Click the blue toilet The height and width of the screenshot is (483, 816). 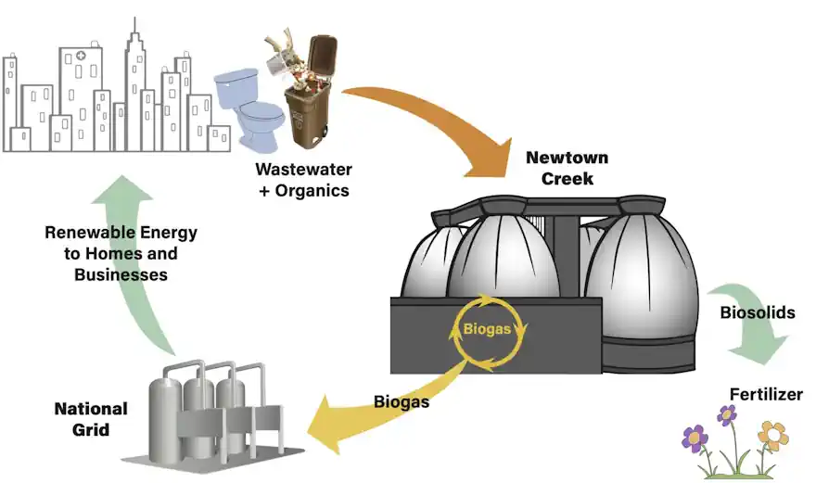tap(249, 107)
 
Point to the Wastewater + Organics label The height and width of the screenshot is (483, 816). tap(302, 180)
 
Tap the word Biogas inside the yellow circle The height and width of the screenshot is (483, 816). tap(489, 330)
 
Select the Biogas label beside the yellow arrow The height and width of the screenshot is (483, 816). tap(402, 402)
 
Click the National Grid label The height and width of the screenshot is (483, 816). tap(90, 419)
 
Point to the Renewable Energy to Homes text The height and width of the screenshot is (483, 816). tap(121, 242)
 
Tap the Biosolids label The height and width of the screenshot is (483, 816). tap(758, 312)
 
